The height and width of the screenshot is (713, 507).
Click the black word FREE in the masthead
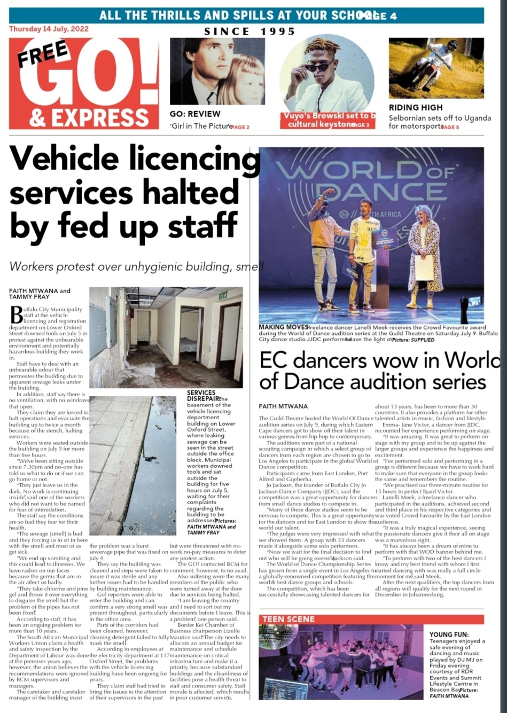[43, 53]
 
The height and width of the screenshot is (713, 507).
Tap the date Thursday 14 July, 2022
[49, 29]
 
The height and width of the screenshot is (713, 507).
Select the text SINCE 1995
[249, 32]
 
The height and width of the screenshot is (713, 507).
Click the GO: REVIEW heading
[195, 114]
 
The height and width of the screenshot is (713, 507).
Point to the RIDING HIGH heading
[415, 108]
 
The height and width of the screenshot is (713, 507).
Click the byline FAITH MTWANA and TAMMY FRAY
[40, 294]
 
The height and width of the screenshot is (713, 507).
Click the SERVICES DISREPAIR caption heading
[201, 395]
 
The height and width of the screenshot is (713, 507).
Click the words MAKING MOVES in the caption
[283, 327]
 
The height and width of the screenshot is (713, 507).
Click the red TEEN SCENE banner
[288, 620]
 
